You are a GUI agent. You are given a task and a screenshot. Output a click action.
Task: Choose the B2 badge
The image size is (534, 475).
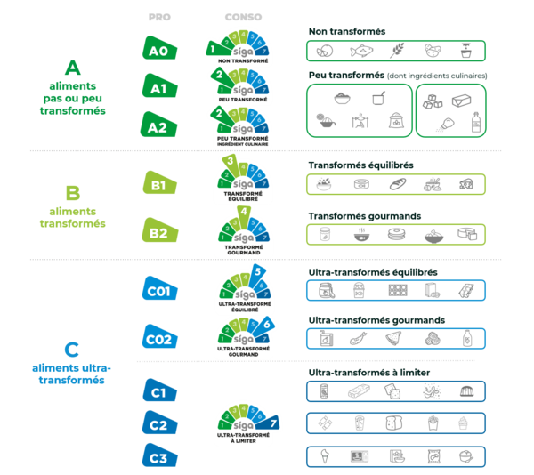click(x=159, y=233)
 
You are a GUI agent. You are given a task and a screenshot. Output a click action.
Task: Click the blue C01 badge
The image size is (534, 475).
click(x=162, y=289)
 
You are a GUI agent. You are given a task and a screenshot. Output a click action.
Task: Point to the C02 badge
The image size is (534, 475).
click(x=162, y=337)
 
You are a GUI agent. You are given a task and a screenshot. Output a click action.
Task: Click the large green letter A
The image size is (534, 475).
click(x=73, y=68)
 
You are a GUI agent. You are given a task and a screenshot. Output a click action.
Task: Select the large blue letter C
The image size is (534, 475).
click(x=73, y=348)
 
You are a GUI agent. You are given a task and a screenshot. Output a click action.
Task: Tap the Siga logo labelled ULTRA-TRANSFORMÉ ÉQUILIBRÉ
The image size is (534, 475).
click(x=243, y=287)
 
